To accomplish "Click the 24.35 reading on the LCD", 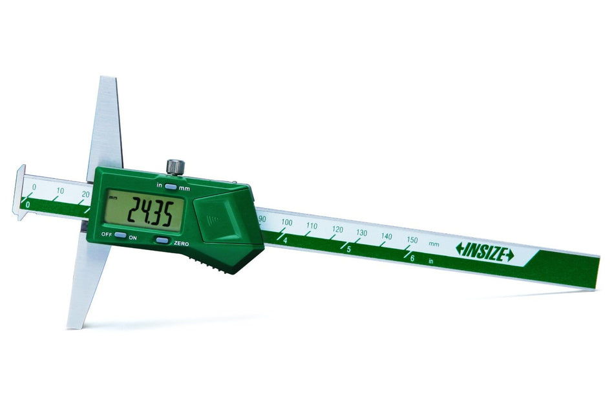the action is pyautogui.click(x=150, y=212).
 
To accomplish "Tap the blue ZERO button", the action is pyautogui.click(x=163, y=240).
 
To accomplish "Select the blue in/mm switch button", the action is pyautogui.click(x=171, y=187).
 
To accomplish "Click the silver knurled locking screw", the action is pyautogui.click(x=176, y=167).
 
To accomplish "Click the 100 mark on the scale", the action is pyautogui.click(x=286, y=223).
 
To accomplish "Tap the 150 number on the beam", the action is pyautogui.click(x=412, y=240).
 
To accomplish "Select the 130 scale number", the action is pyautogui.click(x=361, y=233).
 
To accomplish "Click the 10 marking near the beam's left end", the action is pyautogui.click(x=60, y=191).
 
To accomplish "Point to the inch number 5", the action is pyautogui.click(x=348, y=249).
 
